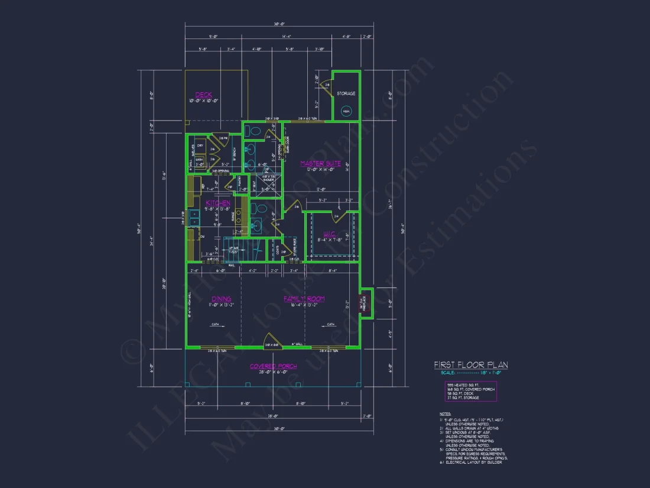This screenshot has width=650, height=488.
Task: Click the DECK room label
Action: tap(203, 95)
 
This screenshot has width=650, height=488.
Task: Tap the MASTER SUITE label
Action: tap(320, 163)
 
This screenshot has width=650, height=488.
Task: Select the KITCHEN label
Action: tap(218, 203)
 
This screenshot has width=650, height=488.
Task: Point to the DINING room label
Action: tap(221, 299)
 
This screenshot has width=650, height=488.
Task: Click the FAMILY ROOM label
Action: tap(304, 299)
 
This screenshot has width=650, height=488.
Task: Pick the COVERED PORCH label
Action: tap(273, 366)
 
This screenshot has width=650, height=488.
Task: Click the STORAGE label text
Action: tap(346, 93)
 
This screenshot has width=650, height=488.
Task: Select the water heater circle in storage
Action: tap(346, 111)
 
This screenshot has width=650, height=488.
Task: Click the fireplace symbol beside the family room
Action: tap(365, 302)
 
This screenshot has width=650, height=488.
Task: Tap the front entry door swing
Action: tap(272, 340)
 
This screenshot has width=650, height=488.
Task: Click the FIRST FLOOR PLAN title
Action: tap(470, 365)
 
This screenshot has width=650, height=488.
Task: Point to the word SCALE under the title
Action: tap(448, 372)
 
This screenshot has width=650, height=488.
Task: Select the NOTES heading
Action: tap(445, 414)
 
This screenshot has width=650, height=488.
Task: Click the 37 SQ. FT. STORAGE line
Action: tap(463, 397)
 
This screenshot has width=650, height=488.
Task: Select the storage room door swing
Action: tap(325, 87)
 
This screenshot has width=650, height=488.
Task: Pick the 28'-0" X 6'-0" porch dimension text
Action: tap(273, 371)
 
